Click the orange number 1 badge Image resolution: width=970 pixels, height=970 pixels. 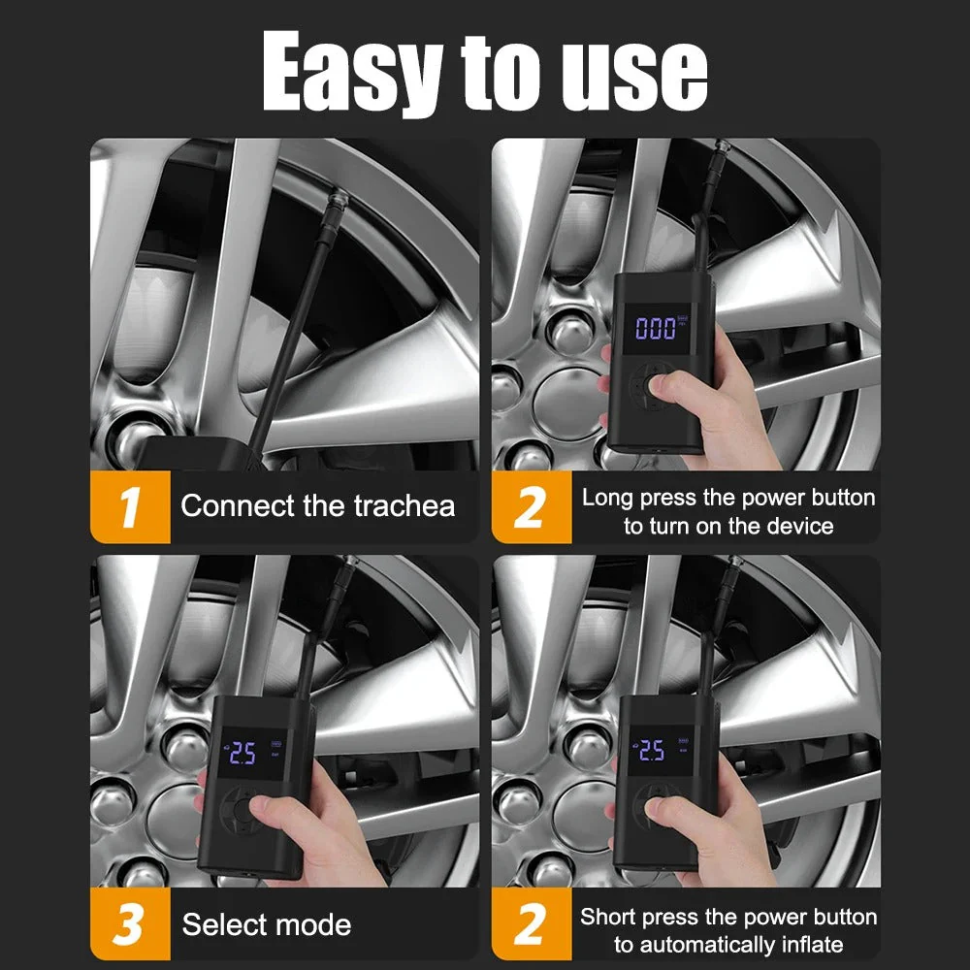click(x=130, y=506)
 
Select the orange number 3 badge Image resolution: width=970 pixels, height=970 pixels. click(x=130, y=924)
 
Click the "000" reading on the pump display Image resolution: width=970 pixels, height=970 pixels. click(x=656, y=329)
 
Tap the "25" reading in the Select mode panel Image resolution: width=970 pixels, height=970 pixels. click(x=242, y=754)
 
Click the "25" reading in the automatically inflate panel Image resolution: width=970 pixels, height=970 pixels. click(x=652, y=750)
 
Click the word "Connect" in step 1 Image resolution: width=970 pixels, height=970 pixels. click(x=238, y=506)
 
